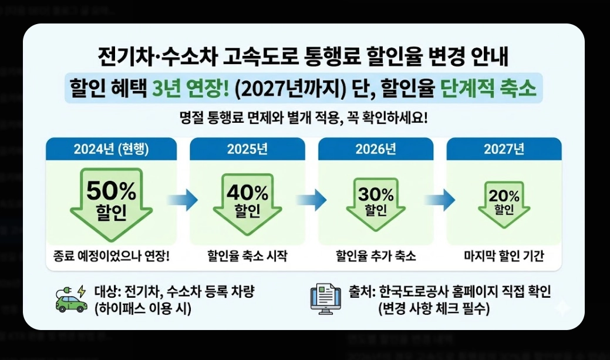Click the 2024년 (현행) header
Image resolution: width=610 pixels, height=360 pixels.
pos(111,149)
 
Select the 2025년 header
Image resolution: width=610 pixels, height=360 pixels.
pos(247,149)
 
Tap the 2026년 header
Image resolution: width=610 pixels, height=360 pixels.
pos(376,149)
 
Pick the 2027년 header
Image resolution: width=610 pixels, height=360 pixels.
pos(504,149)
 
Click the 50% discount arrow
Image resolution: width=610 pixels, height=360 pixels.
pos(111,203)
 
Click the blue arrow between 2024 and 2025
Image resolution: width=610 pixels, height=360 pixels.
pos(183,200)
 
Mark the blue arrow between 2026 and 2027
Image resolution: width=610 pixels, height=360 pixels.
pos(440,200)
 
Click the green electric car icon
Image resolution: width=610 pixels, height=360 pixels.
pos(70,298)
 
